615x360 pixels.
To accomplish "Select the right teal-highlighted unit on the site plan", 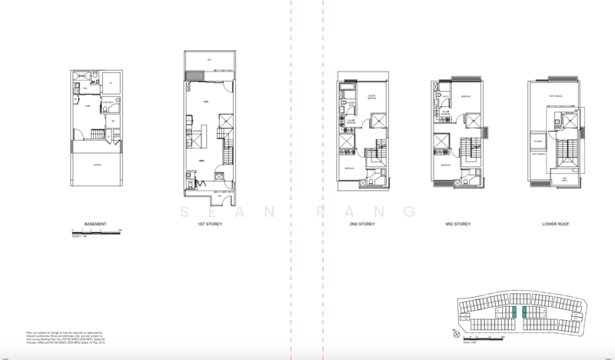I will (x=524, y=312).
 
